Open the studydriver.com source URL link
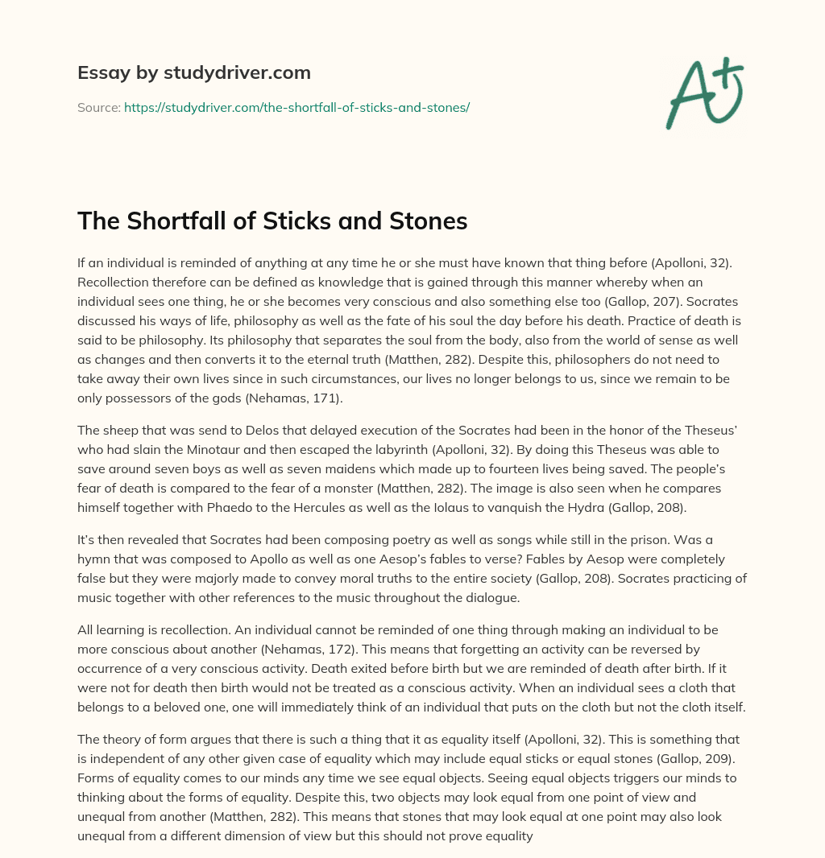(296, 106)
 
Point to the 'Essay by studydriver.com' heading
(193, 72)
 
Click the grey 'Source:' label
(98, 106)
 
